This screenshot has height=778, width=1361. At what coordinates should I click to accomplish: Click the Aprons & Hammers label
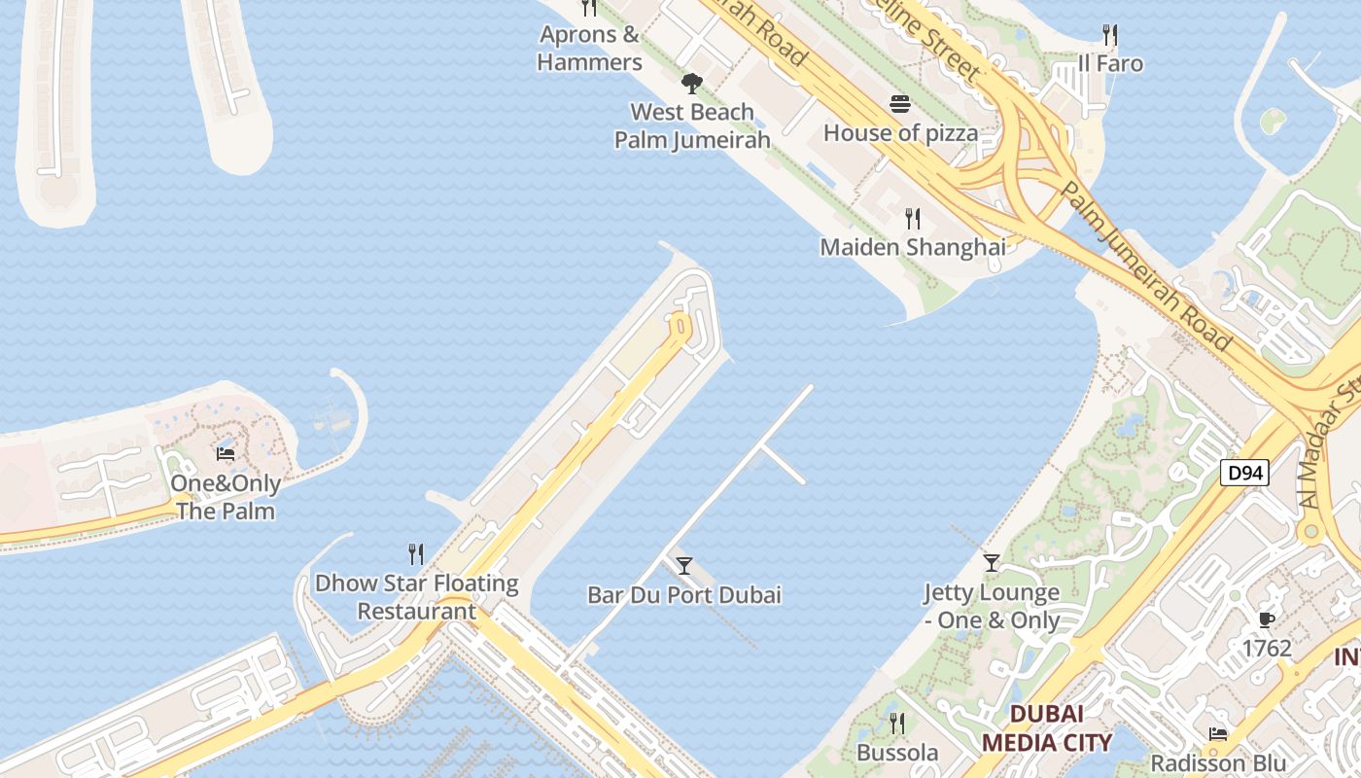589,49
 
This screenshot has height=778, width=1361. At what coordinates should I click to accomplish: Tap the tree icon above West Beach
691,84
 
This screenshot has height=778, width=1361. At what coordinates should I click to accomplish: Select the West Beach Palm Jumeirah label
692,125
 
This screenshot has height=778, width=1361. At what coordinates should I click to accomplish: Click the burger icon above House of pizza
900,104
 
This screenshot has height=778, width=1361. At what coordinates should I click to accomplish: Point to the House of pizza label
900,132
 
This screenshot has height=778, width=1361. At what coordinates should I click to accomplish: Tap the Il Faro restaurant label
1110,64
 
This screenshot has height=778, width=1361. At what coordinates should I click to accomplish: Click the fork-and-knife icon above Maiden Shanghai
912,219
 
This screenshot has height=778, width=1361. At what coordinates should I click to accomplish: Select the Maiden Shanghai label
913,247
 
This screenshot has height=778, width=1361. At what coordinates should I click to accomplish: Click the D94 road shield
1244,474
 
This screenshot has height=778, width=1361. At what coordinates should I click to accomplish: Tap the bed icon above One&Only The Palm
226,454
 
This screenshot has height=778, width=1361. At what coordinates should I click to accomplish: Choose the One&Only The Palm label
226,497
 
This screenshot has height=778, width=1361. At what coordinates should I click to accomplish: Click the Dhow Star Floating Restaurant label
416,597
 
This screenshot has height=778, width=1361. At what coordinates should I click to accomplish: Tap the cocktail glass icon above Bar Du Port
684,566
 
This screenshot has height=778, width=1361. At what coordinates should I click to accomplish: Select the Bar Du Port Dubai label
684,595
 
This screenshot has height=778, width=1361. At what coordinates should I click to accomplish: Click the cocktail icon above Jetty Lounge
991,563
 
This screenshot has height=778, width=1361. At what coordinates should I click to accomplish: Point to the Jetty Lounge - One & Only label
991,606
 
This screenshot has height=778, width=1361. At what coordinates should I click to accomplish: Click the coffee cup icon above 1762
1266,619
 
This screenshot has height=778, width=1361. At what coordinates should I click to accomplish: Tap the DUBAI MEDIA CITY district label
1046,728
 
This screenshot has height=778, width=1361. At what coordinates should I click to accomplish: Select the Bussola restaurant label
897,753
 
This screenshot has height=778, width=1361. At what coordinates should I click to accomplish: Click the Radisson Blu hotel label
1218,762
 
